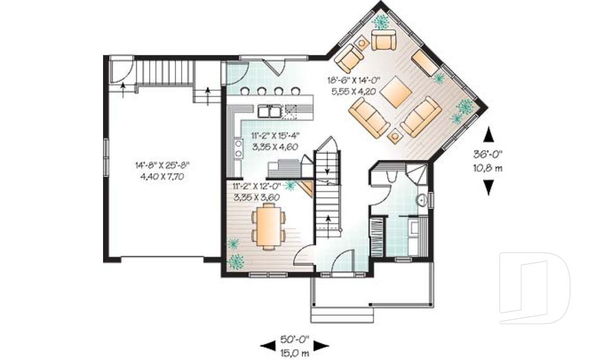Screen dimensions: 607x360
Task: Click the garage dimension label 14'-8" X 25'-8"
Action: pyautogui.click(x=162, y=166)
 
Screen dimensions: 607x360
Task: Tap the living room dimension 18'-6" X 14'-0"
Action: pyautogui.click(x=354, y=80)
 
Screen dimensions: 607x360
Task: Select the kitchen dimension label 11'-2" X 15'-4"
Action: pyautogui.click(x=275, y=135)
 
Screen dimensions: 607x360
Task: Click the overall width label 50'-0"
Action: pyautogui.click(x=295, y=340)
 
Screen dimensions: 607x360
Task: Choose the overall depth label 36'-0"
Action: pyautogui.click(x=487, y=154)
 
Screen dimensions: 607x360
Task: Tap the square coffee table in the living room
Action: pyautogui.click(x=395, y=92)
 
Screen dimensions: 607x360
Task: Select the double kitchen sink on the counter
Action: pyautogui.click(x=269, y=111)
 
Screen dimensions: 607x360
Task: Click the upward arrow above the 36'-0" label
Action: pyautogui.click(x=489, y=135)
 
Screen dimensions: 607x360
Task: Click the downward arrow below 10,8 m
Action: pyautogui.click(x=489, y=187)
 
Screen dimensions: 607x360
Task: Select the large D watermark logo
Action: pyautogui.click(x=534, y=288)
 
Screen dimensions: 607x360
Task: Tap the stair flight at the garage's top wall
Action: pyautogui.click(x=164, y=71)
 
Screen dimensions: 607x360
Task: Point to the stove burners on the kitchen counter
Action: pyautogui.click(x=238, y=149)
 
